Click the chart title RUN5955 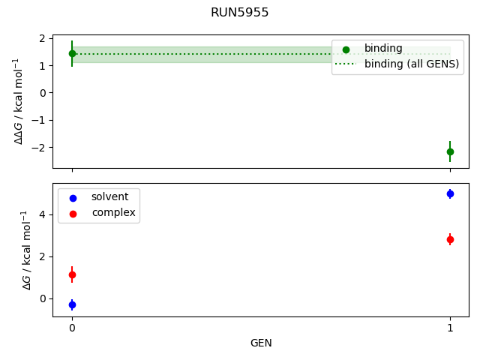point(240,13)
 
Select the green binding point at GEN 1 point(450,151)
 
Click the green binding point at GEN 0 point(72,53)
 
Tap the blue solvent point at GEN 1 point(450,193)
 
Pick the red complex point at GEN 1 point(450,239)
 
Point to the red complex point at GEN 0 point(72,275)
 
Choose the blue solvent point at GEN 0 point(72,304)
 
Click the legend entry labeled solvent point(109,197)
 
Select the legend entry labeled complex point(113,213)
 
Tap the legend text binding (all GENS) point(412,64)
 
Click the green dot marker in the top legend point(346,49)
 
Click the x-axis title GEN point(261,343)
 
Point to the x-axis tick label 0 point(72,328)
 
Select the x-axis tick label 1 point(450,328)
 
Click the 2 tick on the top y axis point(43,38)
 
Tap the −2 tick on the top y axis point(40,147)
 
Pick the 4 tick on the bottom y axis point(43,214)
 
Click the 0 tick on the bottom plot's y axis point(43,298)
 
